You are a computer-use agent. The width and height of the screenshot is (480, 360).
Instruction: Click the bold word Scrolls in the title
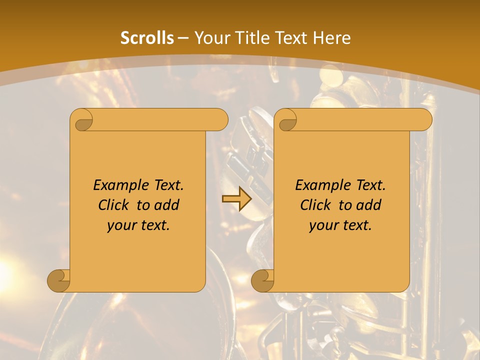click(x=147, y=38)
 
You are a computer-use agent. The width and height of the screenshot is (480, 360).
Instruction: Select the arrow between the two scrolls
click(x=236, y=199)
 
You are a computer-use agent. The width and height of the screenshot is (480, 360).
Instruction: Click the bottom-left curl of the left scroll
click(x=59, y=280)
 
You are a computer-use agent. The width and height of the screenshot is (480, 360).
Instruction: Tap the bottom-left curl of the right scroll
click(x=263, y=280)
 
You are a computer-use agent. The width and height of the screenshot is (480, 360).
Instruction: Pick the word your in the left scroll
click(x=120, y=225)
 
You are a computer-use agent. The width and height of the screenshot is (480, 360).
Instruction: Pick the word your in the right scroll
click(x=322, y=225)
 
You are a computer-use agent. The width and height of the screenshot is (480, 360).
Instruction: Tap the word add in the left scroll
click(x=167, y=205)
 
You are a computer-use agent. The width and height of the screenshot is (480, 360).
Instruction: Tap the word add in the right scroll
click(x=369, y=205)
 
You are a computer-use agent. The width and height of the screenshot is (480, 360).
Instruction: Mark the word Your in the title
click(x=209, y=38)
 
